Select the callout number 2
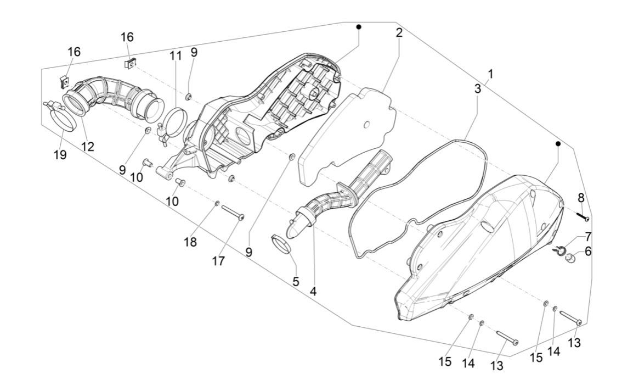click(x=399, y=32)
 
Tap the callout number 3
click(x=478, y=88)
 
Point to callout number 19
click(x=60, y=155)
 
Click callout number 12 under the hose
click(x=87, y=147)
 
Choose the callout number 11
click(x=175, y=55)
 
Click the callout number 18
click(x=190, y=242)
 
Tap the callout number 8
click(x=580, y=198)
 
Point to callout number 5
click(x=296, y=282)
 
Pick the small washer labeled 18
click(x=217, y=204)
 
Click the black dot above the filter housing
click(x=358, y=27)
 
